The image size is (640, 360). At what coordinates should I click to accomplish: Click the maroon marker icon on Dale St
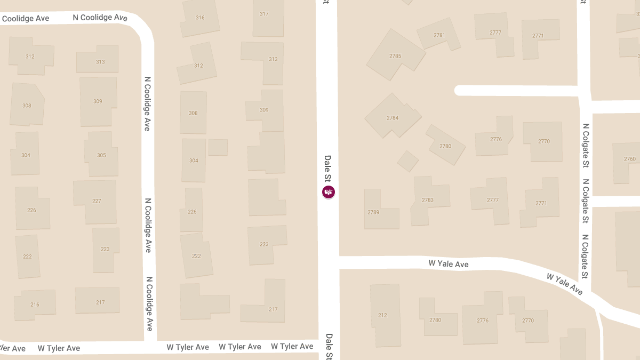pyautogui.click(x=329, y=192)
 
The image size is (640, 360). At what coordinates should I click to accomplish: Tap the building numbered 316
pyautogui.click(x=200, y=18)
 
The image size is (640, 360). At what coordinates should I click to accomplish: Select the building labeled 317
pyautogui.click(x=265, y=14)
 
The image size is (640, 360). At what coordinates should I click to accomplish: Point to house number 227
pyautogui.click(x=97, y=201)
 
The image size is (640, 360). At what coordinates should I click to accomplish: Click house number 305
pyautogui.click(x=101, y=155)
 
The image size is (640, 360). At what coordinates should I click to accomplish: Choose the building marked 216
pyautogui.click(x=35, y=305)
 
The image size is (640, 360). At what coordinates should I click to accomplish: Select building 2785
pyautogui.click(x=395, y=56)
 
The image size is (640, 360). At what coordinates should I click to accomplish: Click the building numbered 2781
pyautogui.click(x=439, y=35)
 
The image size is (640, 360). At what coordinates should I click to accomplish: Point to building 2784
pyautogui.click(x=393, y=118)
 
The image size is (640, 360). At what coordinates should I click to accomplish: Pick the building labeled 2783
pyautogui.click(x=428, y=200)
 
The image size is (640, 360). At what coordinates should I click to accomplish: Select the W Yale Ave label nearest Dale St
pyautogui.click(x=449, y=264)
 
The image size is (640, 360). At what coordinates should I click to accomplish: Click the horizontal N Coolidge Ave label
pyautogui.click(x=100, y=18)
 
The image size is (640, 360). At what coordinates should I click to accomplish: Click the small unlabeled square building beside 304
pyautogui.click(x=218, y=147)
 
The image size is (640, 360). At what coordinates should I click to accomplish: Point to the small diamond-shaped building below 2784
pyautogui.click(x=408, y=161)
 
